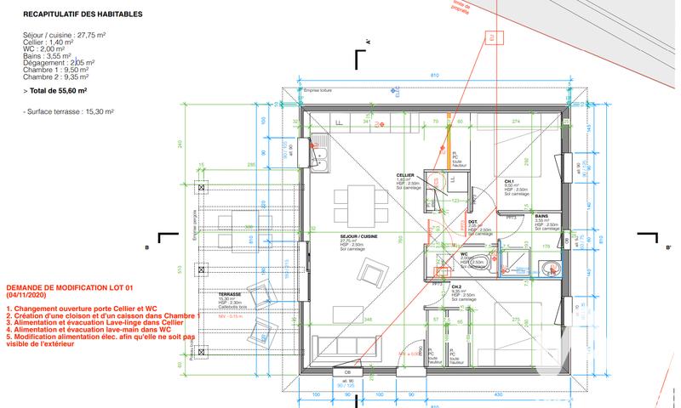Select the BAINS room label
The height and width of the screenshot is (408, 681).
point(541,217)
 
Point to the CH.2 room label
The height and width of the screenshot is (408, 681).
point(456,287)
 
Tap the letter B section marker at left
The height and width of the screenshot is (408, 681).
point(147,247)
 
